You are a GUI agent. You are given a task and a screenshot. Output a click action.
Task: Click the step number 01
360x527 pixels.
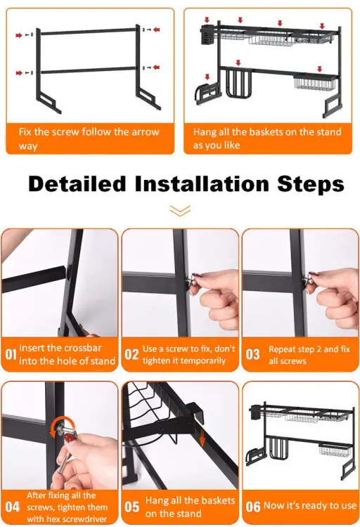(11, 354)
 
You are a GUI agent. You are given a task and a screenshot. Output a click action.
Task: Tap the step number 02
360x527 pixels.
(131, 354)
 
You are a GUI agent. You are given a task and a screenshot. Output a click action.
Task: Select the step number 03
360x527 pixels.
(252, 354)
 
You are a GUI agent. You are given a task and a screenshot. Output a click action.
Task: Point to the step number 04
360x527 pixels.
(13, 507)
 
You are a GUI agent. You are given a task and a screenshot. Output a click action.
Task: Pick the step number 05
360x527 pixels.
(131, 507)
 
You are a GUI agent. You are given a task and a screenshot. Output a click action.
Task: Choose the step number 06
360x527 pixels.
(253, 507)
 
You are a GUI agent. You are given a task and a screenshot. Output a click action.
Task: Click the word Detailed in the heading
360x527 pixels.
(77, 184)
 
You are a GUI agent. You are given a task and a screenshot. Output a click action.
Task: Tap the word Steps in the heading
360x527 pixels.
(311, 185)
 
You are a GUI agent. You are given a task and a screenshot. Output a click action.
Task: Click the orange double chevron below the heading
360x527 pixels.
(180, 210)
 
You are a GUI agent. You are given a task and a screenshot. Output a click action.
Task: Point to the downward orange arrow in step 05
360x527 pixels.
(202, 438)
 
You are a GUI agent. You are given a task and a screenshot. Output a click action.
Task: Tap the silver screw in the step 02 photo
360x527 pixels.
(191, 281)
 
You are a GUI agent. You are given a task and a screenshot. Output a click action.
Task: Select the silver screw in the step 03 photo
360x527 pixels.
(308, 280)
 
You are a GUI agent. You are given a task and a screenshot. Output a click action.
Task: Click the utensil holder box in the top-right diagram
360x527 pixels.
(207, 35)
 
